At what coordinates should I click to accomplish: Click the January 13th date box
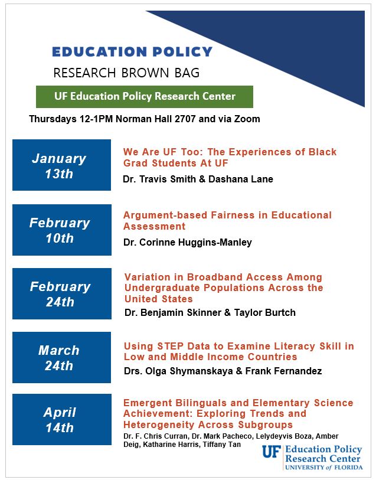(x=61, y=165)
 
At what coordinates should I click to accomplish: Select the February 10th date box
(x=62, y=230)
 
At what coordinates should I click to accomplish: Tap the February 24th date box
(x=62, y=293)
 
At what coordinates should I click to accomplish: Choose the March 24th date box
(x=61, y=357)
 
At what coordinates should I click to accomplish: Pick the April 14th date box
(x=62, y=419)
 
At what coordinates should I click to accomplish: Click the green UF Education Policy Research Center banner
(x=145, y=97)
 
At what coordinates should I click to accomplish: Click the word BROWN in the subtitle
(x=145, y=73)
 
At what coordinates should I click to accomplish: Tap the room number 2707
(x=185, y=119)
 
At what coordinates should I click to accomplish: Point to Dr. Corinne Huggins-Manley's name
(x=188, y=243)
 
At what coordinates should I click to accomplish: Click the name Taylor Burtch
(x=265, y=312)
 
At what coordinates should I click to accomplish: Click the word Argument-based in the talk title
(x=165, y=215)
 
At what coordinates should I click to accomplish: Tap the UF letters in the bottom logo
(x=272, y=452)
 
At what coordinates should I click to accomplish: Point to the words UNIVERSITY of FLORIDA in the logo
(x=323, y=468)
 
